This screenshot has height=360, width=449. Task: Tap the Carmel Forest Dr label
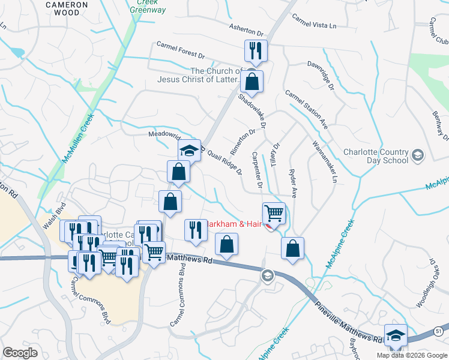click(181, 50)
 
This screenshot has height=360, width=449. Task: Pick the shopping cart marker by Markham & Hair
click(274, 213)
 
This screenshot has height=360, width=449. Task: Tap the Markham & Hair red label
click(234, 224)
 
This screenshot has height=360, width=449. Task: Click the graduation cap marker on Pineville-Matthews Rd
click(396, 334)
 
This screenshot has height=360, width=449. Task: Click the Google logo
click(20, 353)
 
